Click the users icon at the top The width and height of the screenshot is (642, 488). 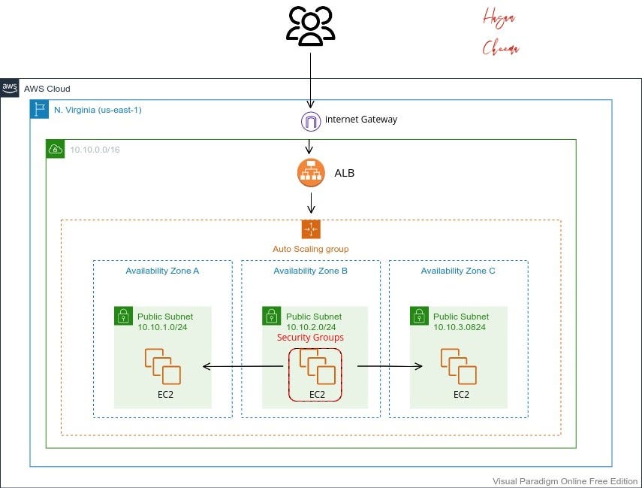pyautogui.click(x=310, y=25)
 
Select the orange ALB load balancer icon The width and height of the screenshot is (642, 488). pyautogui.click(x=311, y=173)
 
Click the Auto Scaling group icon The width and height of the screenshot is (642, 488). pyautogui.click(x=311, y=229)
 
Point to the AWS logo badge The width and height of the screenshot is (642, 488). pyautogui.click(x=10, y=88)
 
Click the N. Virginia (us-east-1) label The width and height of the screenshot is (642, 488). pyautogui.click(x=98, y=110)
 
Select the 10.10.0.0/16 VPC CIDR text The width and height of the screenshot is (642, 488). pyautogui.click(x=95, y=150)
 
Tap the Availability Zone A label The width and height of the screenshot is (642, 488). pyautogui.click(x=162, y=271)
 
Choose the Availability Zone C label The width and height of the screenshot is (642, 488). pyautogui.click(x=458, y=271)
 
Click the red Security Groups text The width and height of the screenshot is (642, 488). pyautogui.click(x=310, y=338)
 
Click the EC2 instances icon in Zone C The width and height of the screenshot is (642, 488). pyautogui.click(x=458, y=366)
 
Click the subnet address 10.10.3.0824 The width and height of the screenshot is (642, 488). pyautogui.click(x=461, y=327)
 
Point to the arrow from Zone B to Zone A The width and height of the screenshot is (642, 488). pyautogui.click(x=244, y=367)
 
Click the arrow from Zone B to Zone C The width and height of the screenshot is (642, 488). pyautogui.click(x=389, y=367)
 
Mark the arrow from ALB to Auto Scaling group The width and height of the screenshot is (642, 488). pyautogui.click(x=311, y=202)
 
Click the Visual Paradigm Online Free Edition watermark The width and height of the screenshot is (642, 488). pyautogui.click(x=565, y=481)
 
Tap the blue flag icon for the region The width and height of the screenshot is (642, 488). pyautogui.click(x=39, y=110)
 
